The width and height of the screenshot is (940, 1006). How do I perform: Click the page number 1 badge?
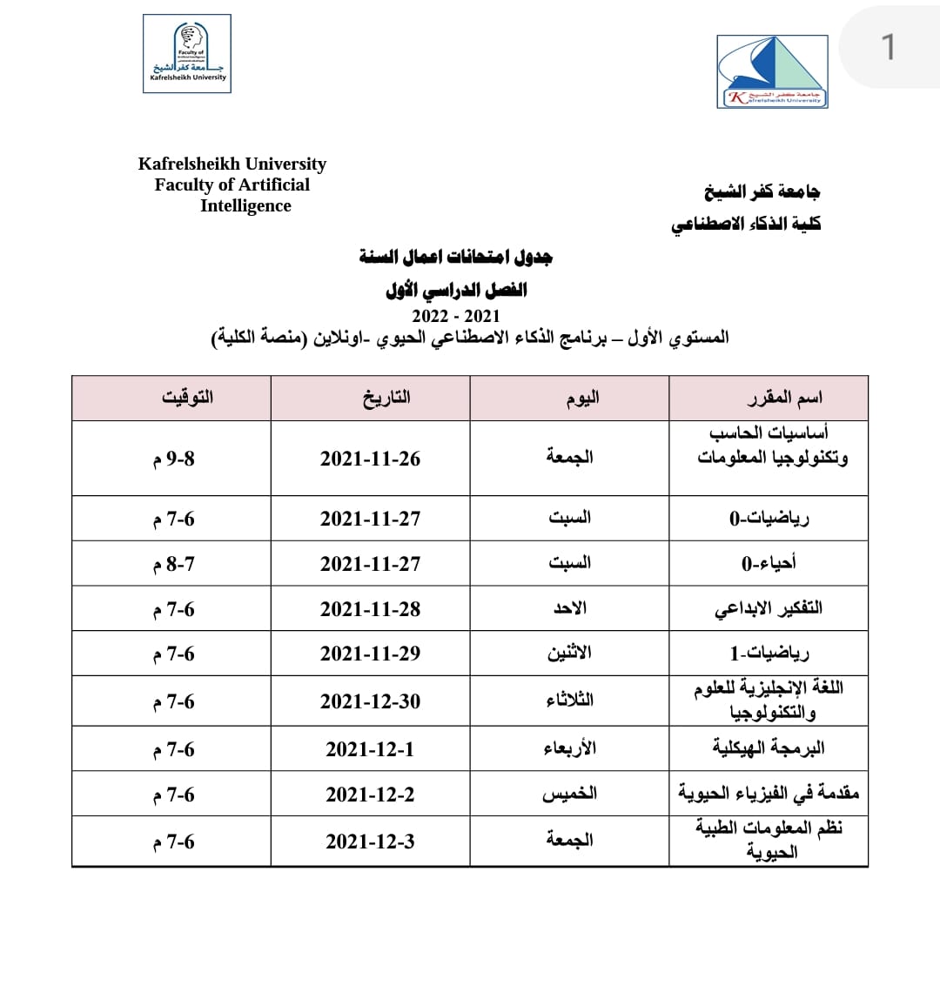point(888,47)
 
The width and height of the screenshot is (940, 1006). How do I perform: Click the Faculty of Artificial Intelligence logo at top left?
point(187,53)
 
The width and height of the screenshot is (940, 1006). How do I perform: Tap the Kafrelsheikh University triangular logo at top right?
point(772,71)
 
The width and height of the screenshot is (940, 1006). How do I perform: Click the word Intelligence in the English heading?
point(245,206)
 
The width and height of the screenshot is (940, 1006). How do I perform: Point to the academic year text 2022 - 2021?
point(456,316)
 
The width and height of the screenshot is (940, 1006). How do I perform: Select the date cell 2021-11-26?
point(370,459)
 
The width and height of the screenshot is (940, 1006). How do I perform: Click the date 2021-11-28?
point(370,609)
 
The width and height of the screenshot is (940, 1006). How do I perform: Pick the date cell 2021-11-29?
point(370,654)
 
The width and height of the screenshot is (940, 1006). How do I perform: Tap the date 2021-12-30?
point(370,701)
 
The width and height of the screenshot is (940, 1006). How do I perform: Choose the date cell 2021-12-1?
point(370,749)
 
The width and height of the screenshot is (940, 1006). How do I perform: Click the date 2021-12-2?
point(370,795)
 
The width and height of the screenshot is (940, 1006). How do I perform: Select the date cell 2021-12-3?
point(370,842)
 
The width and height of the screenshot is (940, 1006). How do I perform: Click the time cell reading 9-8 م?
point(174,459)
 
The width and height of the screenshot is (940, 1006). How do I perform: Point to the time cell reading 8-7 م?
point(174,564)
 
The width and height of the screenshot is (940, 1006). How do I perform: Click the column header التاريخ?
point(386,399)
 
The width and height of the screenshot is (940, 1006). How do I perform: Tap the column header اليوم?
point(582,399)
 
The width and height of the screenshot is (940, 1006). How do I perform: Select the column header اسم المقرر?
point(784,399)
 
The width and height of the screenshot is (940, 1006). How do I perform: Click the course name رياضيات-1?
point(769,653)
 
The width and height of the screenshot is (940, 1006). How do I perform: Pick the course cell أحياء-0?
point(769,563)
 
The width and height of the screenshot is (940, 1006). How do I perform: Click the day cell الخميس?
point(569,794)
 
